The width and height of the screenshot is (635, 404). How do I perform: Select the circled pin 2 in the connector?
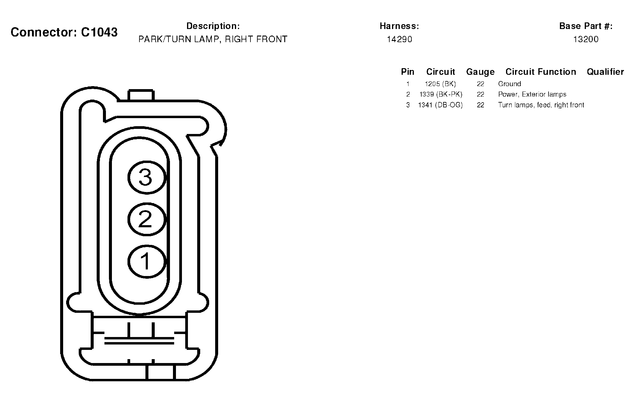pos(147,219)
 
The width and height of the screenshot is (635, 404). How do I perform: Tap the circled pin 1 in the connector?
pos(147,261)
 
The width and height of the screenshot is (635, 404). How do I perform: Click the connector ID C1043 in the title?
pos(99,32)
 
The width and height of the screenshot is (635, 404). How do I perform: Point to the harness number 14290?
pos(399,39)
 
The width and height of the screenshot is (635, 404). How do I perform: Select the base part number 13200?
pos(586,39)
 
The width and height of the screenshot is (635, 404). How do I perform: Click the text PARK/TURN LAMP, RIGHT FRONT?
pos(213,39)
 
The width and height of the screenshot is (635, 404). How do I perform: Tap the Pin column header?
pos(408,72)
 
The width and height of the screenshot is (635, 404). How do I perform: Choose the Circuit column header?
pos(440,72)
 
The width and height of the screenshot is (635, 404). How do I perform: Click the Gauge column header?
pos(480,72)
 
